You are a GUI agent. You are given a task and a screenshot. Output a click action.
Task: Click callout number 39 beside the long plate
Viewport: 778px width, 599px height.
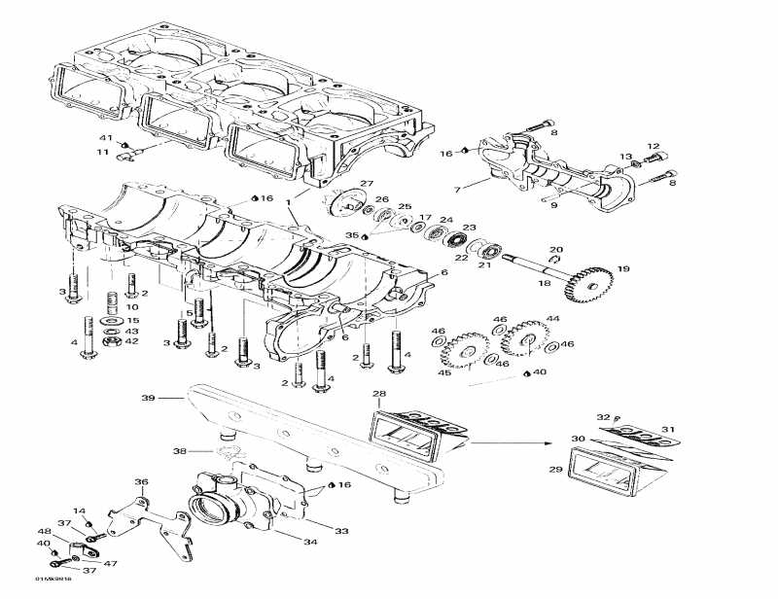tap(149, 398)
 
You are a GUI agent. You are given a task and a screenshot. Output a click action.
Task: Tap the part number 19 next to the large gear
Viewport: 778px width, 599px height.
tap(622, 268)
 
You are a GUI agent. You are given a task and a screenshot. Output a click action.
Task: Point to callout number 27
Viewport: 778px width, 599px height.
tap(367, 184)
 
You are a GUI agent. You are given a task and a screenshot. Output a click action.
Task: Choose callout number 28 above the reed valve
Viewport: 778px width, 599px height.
tap(379, 394)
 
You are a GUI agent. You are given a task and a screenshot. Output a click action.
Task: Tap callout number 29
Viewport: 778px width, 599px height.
tap(555, 470)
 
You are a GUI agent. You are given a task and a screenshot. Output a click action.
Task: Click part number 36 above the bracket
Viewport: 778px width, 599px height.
tap(142, 481)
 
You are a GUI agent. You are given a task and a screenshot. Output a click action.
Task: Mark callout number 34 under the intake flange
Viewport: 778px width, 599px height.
tap(311, 542)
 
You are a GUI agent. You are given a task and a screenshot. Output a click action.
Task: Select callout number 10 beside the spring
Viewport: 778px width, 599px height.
tap(132, 307)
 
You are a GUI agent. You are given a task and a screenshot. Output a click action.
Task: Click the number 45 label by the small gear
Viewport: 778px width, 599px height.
tap(445, 373)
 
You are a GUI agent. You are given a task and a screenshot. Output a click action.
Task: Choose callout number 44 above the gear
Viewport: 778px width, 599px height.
tap(552, 319)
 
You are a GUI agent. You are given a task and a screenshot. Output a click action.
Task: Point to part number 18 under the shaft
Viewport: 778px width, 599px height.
tap(545, 283)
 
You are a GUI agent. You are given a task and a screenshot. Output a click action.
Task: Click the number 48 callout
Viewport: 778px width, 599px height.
tap(44, 531)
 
